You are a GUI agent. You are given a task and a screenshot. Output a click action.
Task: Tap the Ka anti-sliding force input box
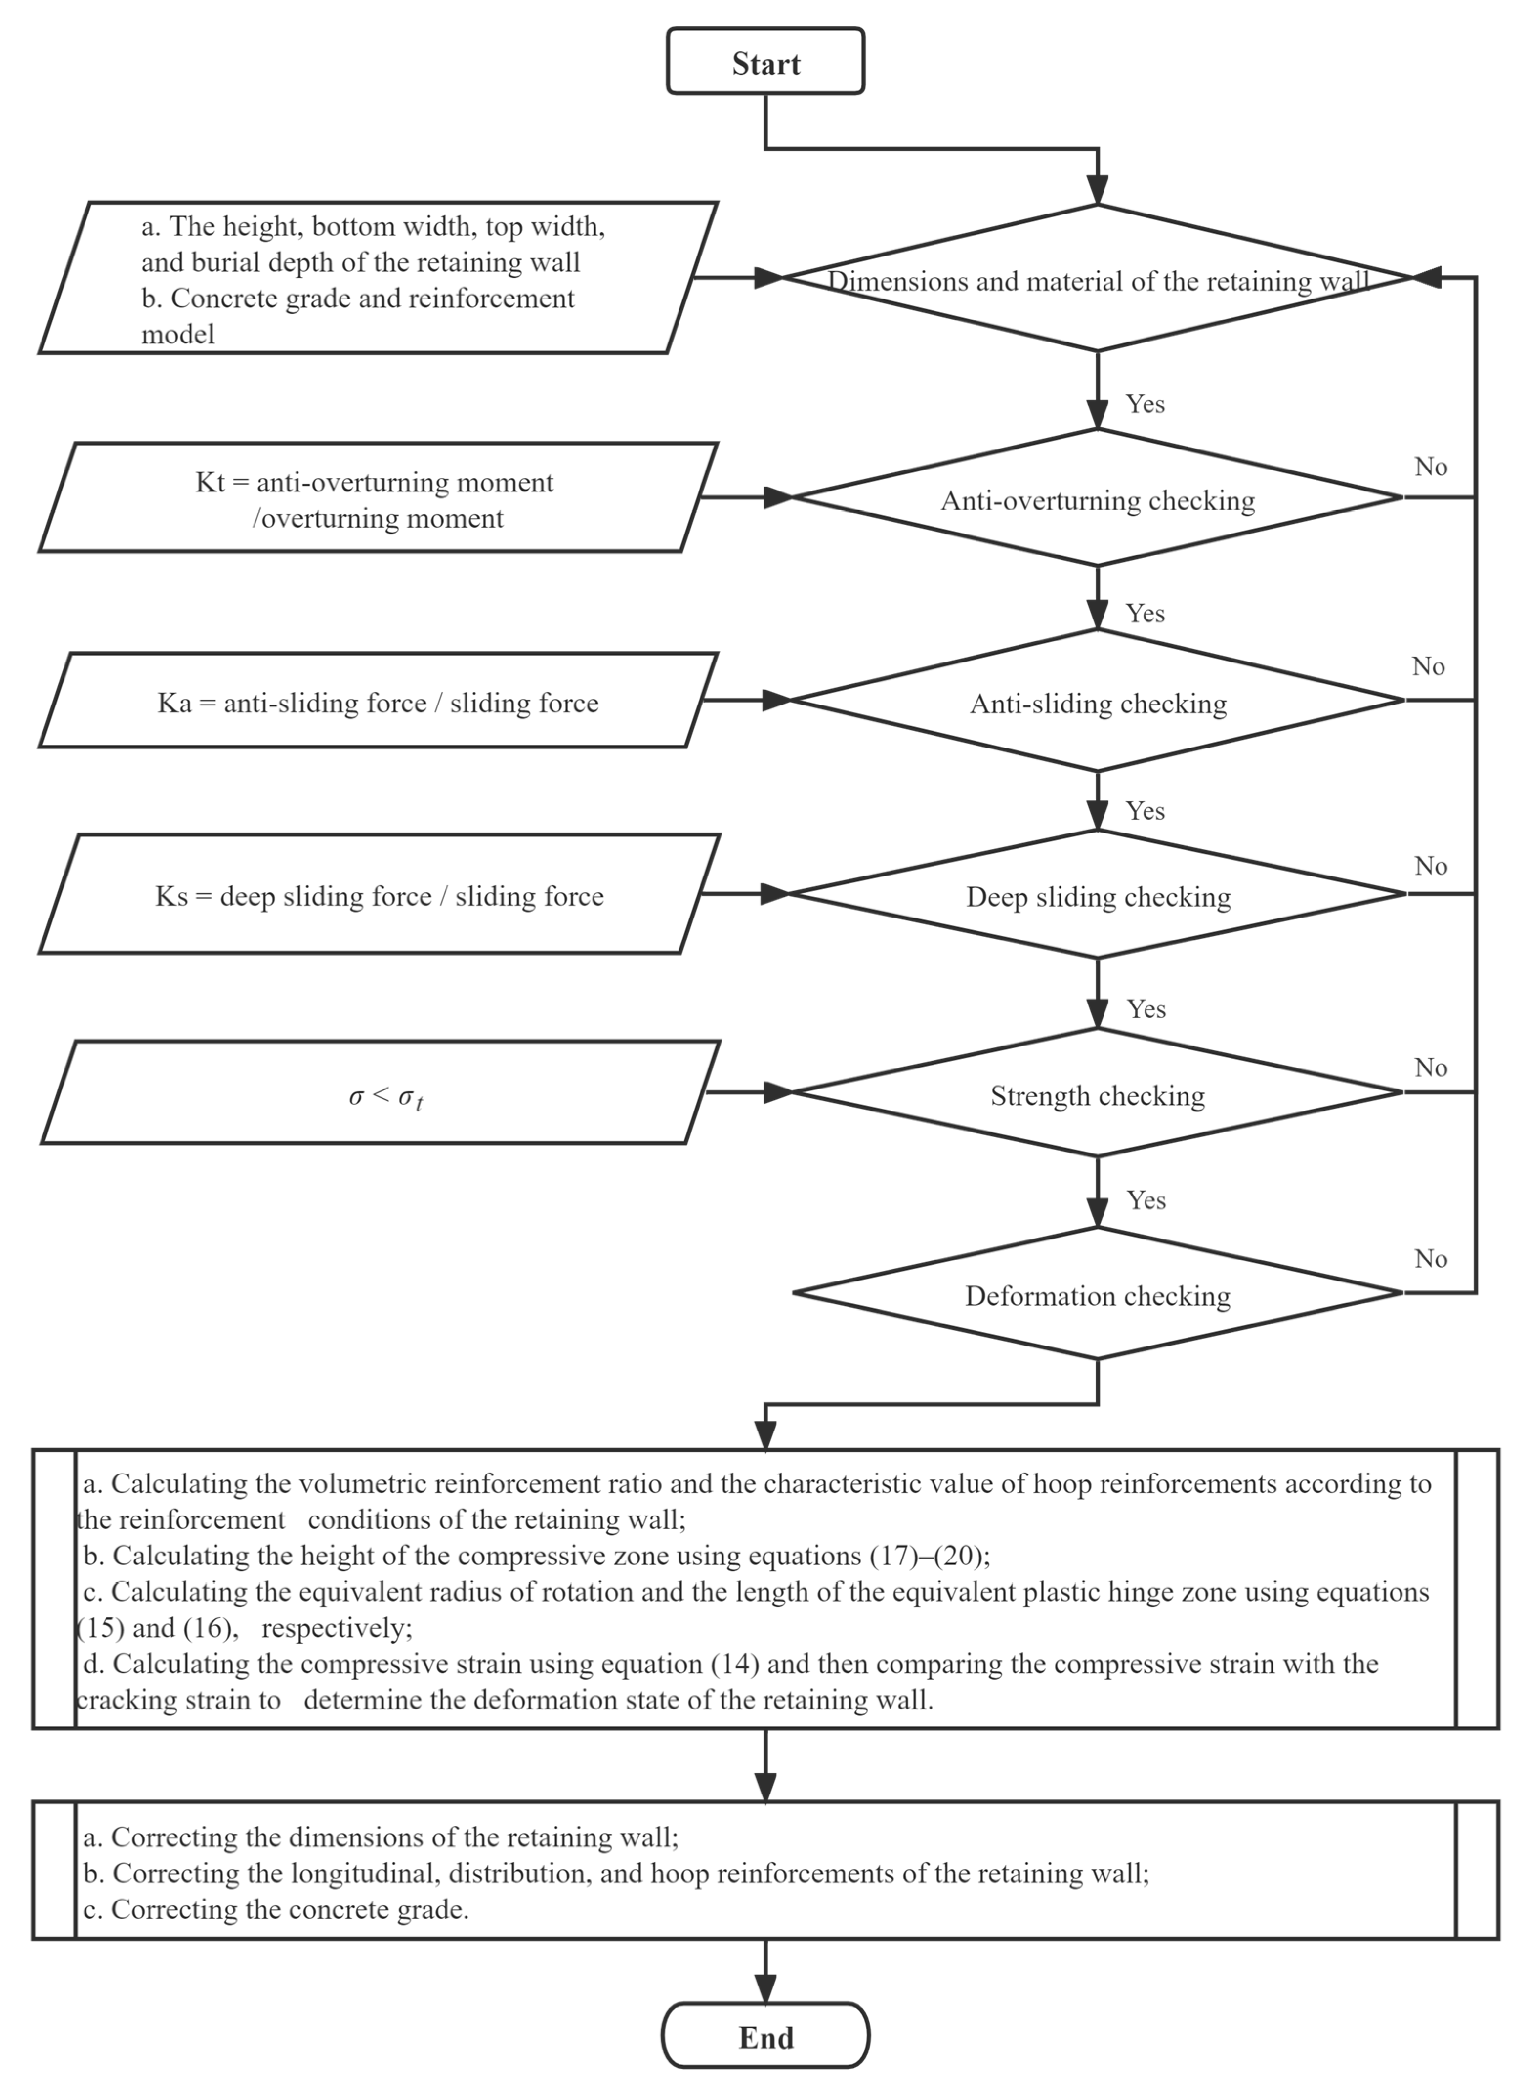pos(378,703)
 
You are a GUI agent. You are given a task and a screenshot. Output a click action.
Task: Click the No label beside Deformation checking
pos(1430,1259)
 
